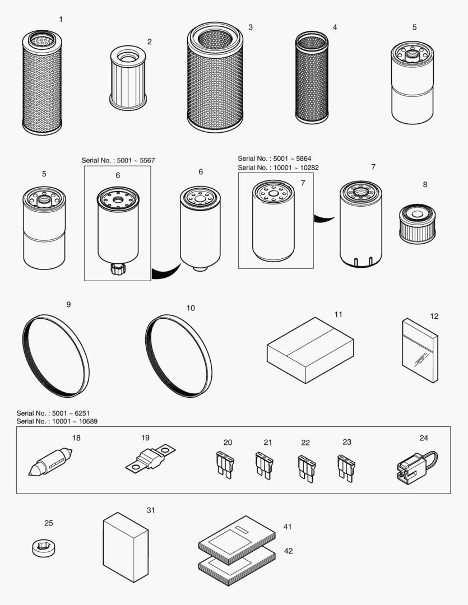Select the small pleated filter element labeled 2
(x=128, y=78)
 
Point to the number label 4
(x=335, y=27)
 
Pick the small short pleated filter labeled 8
(x=416, y=224)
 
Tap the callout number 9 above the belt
(x=68, y=305)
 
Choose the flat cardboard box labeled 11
(x=310, y=351)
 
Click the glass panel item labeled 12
(x=420, y=351)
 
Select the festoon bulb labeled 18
(x=50, y=462)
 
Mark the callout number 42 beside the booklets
(x=288, y=551)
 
